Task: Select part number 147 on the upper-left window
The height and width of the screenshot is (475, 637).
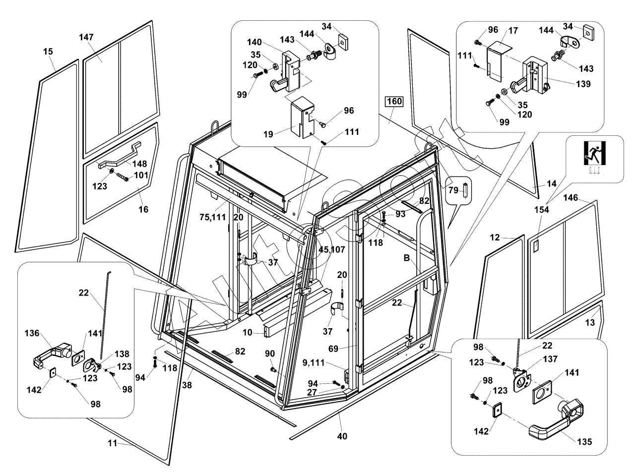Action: pyautogui.click(x=86, y=37)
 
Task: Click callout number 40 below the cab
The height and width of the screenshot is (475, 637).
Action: pyautogui.click(x=342, y=436)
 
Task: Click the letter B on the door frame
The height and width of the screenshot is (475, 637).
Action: pyautogui.click(x=407, y=258)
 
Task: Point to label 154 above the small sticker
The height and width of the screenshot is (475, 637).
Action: pyautogui.click(x=541, y=210)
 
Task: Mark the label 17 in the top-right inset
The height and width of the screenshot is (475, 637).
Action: pyautogui.click(x=513, y=31)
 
